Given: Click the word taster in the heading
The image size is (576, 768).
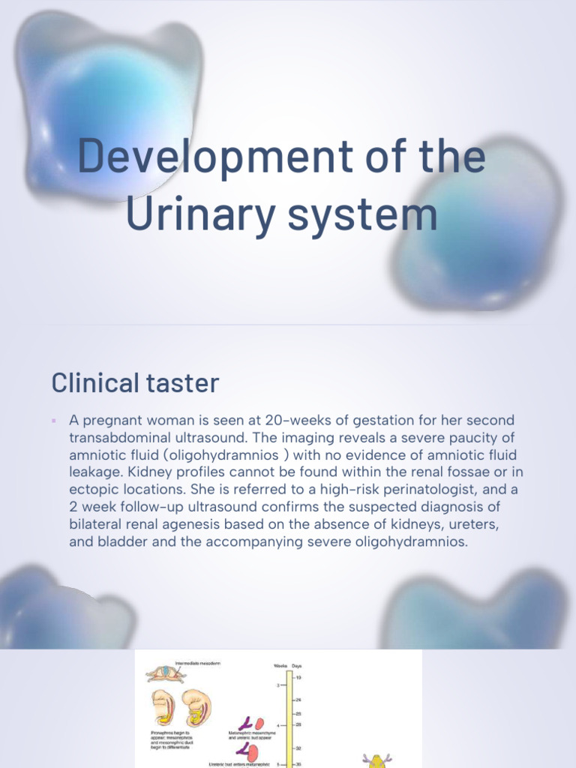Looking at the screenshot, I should [185, 383].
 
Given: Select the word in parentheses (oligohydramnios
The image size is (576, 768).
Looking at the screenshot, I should [216, 454].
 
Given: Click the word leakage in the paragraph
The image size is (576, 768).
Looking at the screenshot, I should [94, 472].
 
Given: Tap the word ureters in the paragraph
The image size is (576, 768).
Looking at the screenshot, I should [469, 523].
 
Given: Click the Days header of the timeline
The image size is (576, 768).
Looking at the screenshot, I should [298, 664].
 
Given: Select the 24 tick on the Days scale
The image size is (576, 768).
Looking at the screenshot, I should [298, 700].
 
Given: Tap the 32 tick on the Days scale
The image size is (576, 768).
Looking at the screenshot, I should [298, 748].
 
